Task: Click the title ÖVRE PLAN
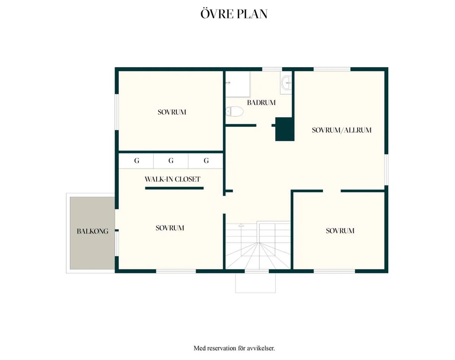[234, 14]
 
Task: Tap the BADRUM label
[261, 103]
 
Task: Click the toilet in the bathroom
[234, 111]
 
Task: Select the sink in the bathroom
[286, 83]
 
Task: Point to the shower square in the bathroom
[238, 84]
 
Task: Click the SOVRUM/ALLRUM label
[342, 130]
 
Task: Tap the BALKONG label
[93, 231]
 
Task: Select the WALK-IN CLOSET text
[172, 179]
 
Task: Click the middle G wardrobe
[171, 161]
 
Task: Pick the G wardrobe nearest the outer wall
[136, 161]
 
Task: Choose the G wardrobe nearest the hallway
[206, 161]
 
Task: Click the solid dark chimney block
[285, 129]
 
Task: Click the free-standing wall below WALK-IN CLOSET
[174, 188]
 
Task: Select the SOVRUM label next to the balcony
[170, 228]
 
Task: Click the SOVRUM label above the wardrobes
[172, 112]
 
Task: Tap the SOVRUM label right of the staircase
[340, 231]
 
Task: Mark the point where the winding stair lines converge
[259, 243]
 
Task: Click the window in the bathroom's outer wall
[272, 69]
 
